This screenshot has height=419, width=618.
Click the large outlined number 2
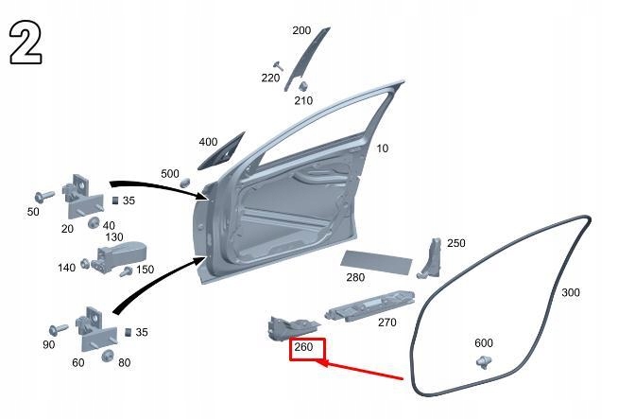click(x=26, y=43)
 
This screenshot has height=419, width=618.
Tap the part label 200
click(x=301, y=30)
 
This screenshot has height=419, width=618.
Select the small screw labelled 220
click(x=278, y=65)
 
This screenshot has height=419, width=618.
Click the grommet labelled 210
click(x=303, y=86)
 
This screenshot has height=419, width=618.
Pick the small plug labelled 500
click(x=185, y=183)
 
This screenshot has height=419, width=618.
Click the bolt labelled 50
click(x=44, y=196)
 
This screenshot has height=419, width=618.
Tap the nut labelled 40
click(x=94, y=222)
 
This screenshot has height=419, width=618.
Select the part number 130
click(x=114, y=236)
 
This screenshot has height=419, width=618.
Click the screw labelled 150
click(x=127, y=271)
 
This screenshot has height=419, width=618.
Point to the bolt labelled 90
click(x=59, y=329)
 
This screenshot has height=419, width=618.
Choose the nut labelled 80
click(x=108, y=356)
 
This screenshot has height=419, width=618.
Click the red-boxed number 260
click(x=303, y=347)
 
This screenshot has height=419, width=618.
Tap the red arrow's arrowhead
click(x=323, y=363)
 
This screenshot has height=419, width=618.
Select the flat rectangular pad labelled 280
click(x=376, y=262)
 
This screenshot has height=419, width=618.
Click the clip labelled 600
click(x=484, y=362)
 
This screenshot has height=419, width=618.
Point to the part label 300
click(x=571, y=292)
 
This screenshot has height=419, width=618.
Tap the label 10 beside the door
click(x=383, y=148)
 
